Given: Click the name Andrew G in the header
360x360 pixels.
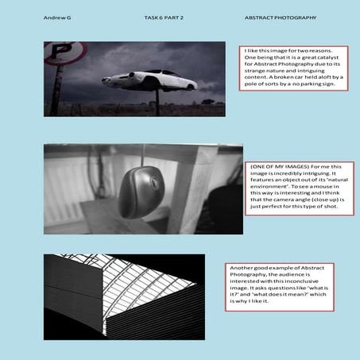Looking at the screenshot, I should pyautogui.click(x=55, y=17).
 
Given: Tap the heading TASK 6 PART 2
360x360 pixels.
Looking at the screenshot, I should pyautogui.click(x=165, y=17).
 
